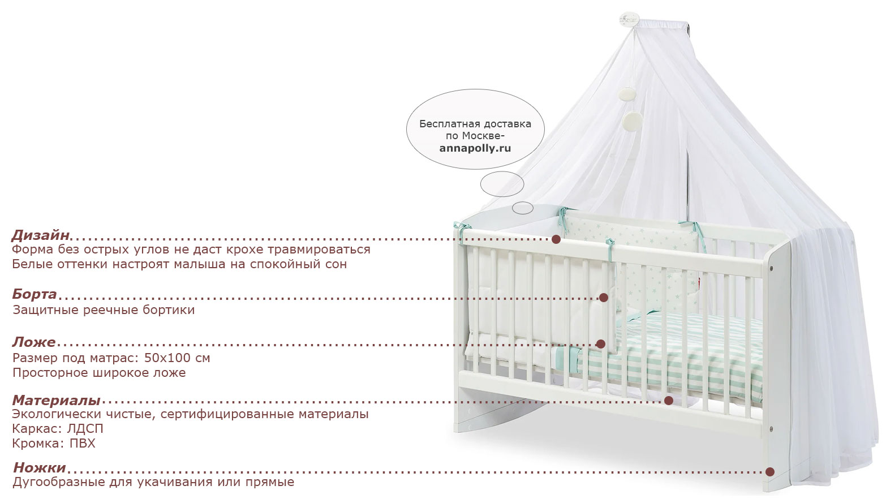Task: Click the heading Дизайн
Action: (41, 235)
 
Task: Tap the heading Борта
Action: (35, 294)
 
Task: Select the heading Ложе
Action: (34, 342)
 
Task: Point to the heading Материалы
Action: (56, 400)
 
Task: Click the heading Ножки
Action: (40, 468)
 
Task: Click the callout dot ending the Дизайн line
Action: (556, 239)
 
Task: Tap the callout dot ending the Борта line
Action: (604, 298)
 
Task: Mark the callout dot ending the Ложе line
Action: (601, 344)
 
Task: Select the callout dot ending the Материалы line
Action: (668, 401)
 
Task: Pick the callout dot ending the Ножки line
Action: (769, 472)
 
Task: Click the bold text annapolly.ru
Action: (475, 149)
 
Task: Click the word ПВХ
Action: (83, 443)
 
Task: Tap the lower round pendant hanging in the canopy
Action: (633, 122)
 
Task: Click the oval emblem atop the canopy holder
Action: (629, 19)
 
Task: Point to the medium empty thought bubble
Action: (502, 184)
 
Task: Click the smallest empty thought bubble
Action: (523, 208)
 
